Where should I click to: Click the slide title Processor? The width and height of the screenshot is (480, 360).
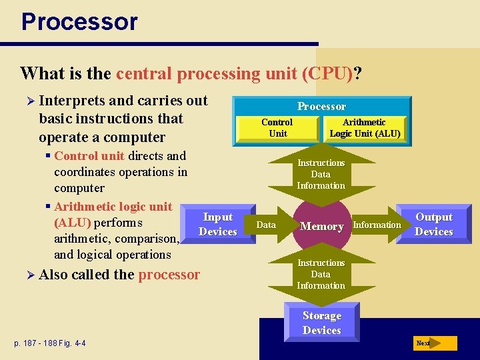[79, 21]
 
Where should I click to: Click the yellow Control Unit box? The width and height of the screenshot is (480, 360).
[277, 128]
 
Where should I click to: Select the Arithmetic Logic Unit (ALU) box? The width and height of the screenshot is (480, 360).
[364, 128]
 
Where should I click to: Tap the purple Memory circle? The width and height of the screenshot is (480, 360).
[321, 227]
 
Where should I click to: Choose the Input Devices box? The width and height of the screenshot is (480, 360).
[218, 225]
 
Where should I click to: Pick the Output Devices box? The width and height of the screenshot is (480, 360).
[434, 225]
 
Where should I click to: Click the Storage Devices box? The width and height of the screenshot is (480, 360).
[321, 323]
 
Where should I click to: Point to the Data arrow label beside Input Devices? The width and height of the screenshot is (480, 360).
[266, 225]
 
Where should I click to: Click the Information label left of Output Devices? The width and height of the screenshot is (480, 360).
[377, 225]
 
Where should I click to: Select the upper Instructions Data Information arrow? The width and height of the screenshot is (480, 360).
[321, 174]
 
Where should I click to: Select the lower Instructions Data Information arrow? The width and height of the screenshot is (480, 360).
[321, 274]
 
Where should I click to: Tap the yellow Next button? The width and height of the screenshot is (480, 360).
[434, 343]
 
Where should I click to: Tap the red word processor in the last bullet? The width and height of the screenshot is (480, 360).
[169, 275]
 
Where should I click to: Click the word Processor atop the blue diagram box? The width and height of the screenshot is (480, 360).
[321, 107]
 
